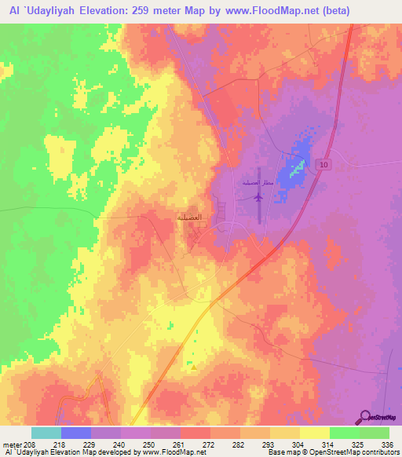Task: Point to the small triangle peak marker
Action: coord(192,366)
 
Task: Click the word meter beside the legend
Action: coord(11,444)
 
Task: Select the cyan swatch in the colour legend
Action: coord(46,433)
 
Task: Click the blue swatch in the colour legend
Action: coord(76,433)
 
